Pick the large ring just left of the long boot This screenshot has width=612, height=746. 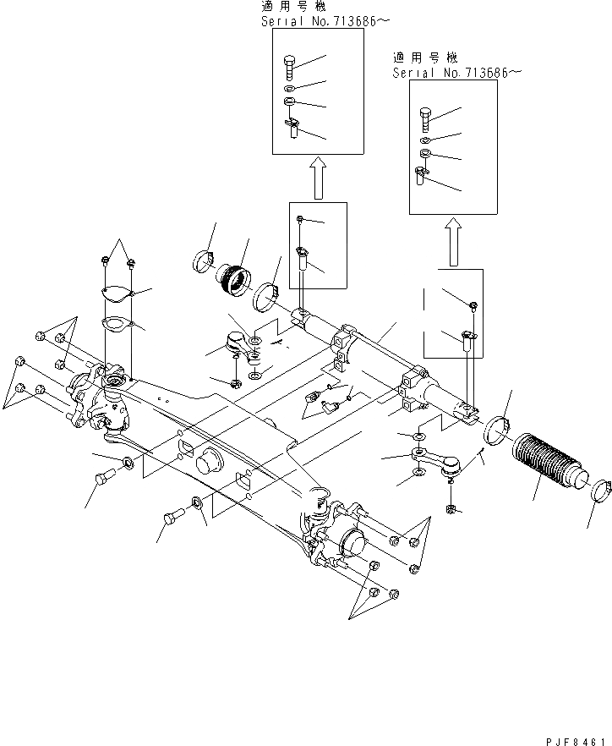pyautogui.click(x=497, y=429)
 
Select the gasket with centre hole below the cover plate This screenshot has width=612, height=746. pyautogui.click(x=114, y=323)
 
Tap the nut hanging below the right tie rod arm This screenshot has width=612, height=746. pyautogui.click(x=450, y=509)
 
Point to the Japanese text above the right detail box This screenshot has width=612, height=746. pyautogui.click(x=425, y=58)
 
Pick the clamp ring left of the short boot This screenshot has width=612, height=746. pyautogui.click(x=204, y=257)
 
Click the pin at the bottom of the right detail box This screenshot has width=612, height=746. pyautogui.click(x=421, y=176)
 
